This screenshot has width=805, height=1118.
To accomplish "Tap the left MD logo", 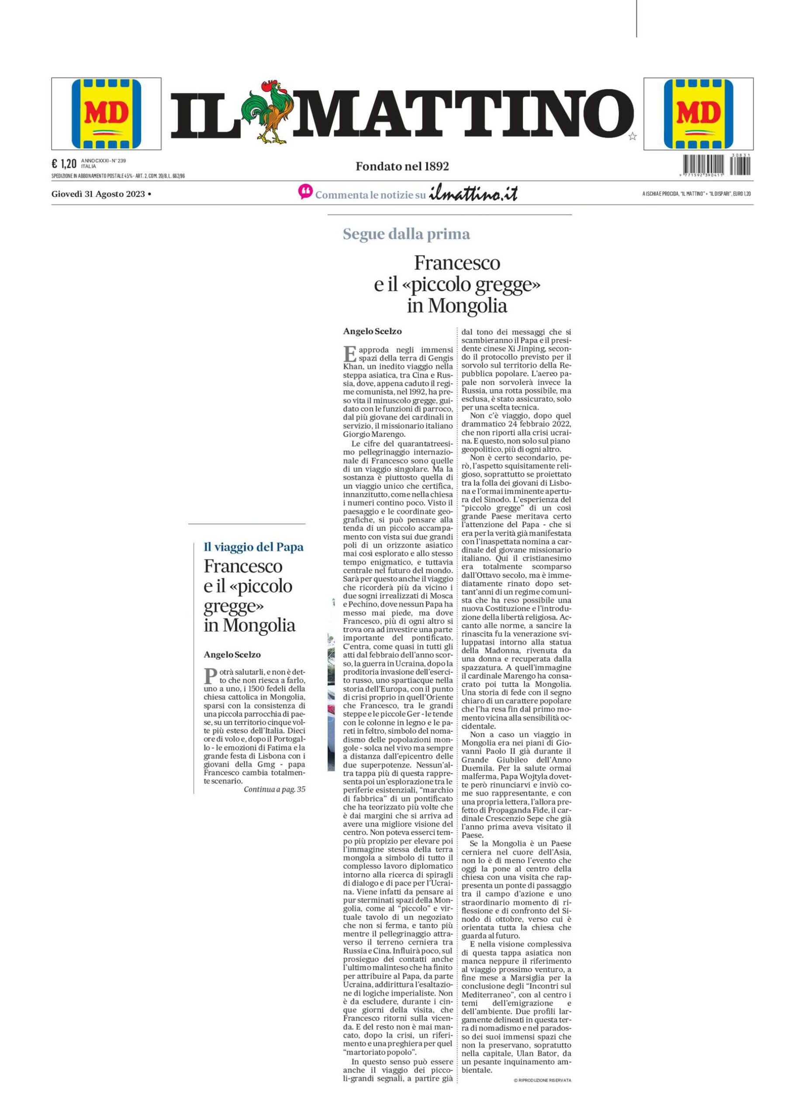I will point(107,114).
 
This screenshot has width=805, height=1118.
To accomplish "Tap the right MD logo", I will point(698,114).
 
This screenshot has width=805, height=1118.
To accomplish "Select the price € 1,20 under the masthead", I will point(64,164).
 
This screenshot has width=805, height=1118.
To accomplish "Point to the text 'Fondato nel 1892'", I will point(402,167).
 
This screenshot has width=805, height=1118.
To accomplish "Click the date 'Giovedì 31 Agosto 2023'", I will point(98,194).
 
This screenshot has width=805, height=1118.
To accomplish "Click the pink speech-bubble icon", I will point(305,192).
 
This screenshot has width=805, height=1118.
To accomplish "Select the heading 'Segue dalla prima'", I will point(406,234).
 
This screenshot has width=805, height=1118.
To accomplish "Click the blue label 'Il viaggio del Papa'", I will point(254,547).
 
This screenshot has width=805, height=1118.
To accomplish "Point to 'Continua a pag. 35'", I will point(275,789).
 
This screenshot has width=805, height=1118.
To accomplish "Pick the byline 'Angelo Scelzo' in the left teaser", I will point(232,655).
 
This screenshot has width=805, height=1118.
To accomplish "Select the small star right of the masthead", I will point(632,137).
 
